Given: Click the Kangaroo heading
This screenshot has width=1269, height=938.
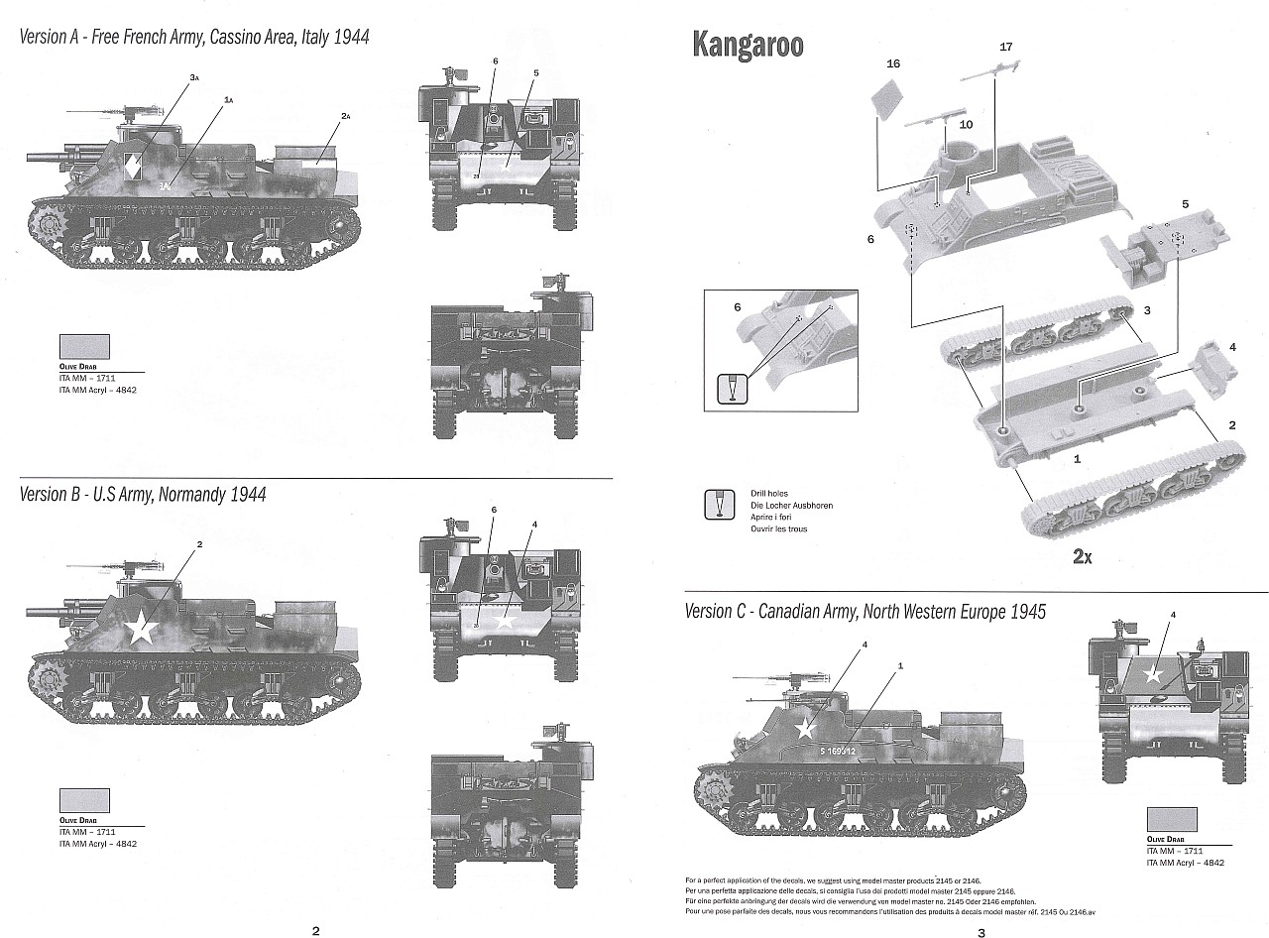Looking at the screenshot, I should tap(747, 45).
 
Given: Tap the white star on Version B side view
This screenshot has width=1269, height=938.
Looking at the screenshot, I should tap(142, 628).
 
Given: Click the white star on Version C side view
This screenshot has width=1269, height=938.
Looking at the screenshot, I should tap(806, 730).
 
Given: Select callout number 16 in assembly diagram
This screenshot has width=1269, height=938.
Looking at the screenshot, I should tap(892, 63).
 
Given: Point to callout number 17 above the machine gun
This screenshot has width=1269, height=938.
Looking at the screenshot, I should tap(1006, 47).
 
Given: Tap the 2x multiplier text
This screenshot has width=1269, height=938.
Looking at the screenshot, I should tap(1083, 557).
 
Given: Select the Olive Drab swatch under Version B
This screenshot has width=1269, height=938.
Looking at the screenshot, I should tap(84, 800).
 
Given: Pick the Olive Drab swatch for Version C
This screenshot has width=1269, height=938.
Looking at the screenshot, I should tap(1170, 818).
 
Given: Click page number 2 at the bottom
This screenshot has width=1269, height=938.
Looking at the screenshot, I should tap(315, 930).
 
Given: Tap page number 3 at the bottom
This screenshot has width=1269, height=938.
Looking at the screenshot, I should tap(981, 931).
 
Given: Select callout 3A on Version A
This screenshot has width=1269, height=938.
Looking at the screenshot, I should tap(193, 77).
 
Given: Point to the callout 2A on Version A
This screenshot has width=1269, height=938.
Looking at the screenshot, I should tap(344, 117).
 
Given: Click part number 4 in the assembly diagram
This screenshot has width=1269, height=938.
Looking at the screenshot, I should tap(1231, 347).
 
